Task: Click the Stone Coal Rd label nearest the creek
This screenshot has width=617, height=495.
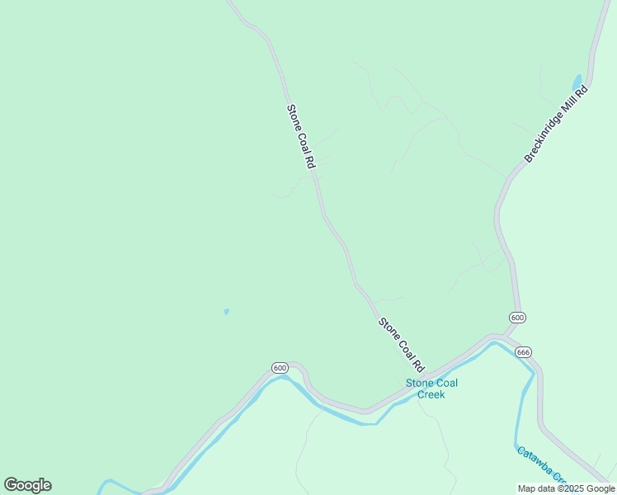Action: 401,343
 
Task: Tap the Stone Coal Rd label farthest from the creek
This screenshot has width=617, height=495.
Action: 301,137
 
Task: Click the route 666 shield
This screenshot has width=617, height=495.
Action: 523,352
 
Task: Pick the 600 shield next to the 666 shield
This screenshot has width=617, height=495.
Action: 517,318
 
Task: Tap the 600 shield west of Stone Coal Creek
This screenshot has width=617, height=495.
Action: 279,367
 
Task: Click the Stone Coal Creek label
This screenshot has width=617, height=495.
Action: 431,389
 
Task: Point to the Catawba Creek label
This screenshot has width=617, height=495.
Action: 541,465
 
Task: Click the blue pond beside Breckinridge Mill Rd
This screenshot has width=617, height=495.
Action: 577,82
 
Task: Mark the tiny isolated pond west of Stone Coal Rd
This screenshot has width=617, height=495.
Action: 226,312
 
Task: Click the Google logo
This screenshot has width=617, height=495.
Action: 27,485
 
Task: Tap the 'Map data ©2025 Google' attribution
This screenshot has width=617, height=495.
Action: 566,488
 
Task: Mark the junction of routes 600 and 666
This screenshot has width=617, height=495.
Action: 505,337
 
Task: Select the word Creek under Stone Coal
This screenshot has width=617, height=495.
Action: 431,394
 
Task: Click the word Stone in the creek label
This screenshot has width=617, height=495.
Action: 418,383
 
